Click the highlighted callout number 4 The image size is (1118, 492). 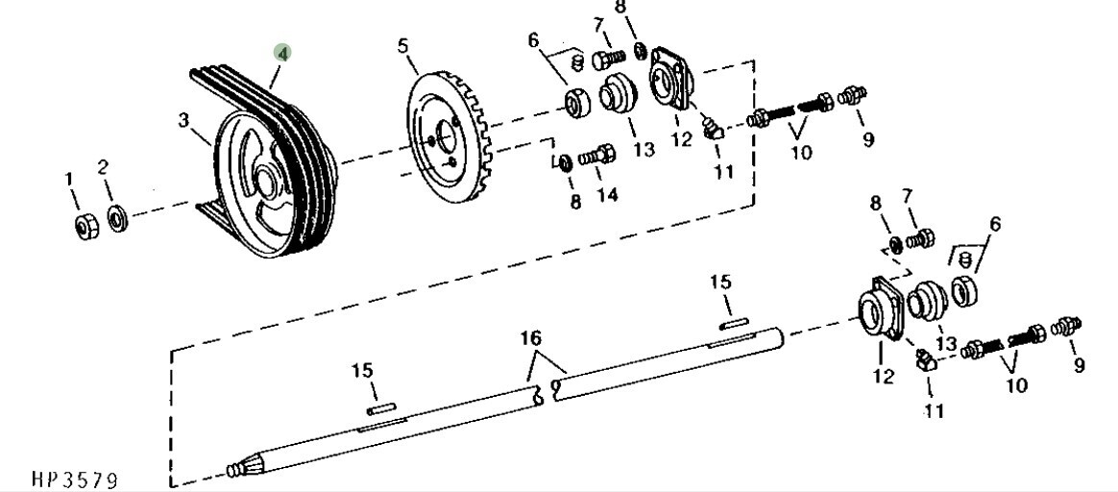[x=283, y=53]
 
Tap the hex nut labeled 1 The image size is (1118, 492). [x=86, y=227]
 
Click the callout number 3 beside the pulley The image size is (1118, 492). [x=184, y=120]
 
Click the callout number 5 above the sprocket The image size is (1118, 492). [x=403, y=48]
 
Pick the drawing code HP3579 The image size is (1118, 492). [x=74, y=479]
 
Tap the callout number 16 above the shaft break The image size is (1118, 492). [x=530, y=337]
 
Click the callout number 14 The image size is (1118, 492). [x=607, y=193]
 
